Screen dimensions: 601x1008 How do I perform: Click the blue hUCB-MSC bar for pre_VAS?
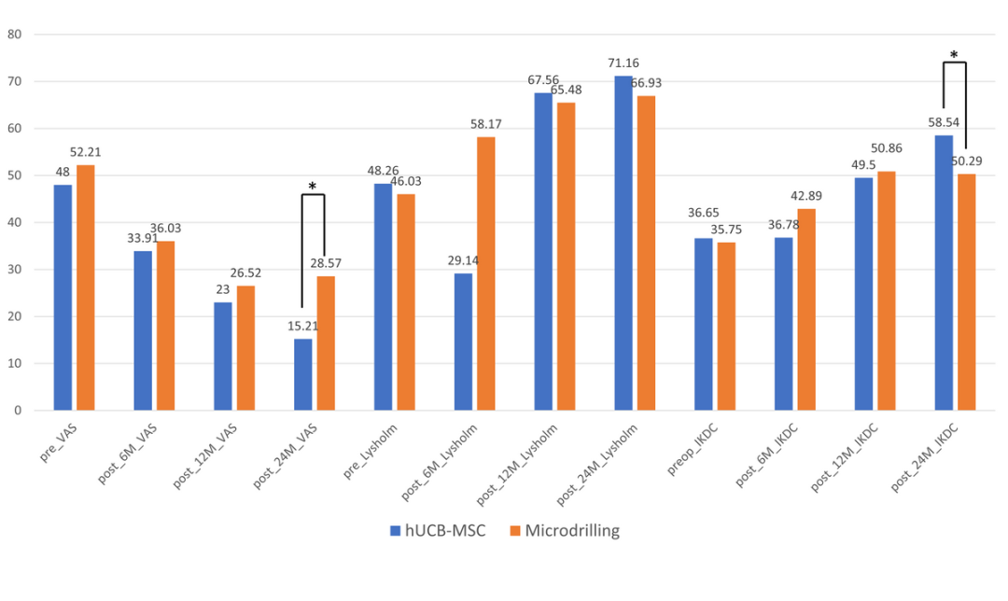pyautogui.click(x=63, y=297)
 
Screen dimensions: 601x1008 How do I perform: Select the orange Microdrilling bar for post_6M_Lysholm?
pyautogui.click(x=485, y=273)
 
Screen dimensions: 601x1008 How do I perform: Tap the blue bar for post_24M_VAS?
pyautogui.click(x=303, y=374)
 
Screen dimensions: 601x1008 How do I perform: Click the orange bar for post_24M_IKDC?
pyautogui.click(x=966, y=292)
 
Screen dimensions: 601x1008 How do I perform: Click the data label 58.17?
pyautogui.click(x=486, y=122)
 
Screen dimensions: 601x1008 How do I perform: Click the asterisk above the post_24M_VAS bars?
pyautogui.click(x=312, y=187)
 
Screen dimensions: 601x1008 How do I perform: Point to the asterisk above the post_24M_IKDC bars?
pyautogui.click(x=954, y=55)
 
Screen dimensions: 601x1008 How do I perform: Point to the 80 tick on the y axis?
pyautogui.click(x=15, y=35)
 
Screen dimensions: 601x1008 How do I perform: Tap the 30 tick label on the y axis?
pyautogui.click(x=15, y=270)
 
